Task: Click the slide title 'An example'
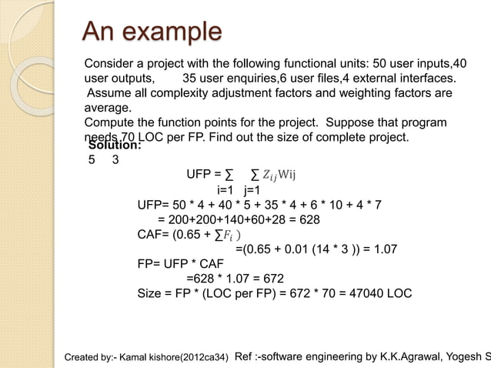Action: (x=152, y=34)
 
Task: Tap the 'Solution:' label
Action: (x=115, y=145)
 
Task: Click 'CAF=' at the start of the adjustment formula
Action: (x=153, y=235)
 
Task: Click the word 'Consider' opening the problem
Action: (x=110, y=62)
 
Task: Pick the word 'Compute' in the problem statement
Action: (x=109, y=123)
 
